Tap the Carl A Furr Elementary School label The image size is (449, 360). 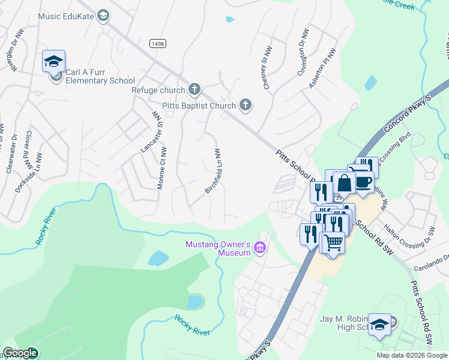click(100, 76)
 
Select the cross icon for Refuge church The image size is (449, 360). click(194, 90)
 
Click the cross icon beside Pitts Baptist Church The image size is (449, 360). click(245, 106)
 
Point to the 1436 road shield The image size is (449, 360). click(158, 43)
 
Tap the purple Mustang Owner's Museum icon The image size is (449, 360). click(260, 248)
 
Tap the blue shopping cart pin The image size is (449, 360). click(333, 242)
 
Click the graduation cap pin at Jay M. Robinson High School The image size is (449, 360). click(379, 325)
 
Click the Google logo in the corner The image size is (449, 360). click(20, 353)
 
